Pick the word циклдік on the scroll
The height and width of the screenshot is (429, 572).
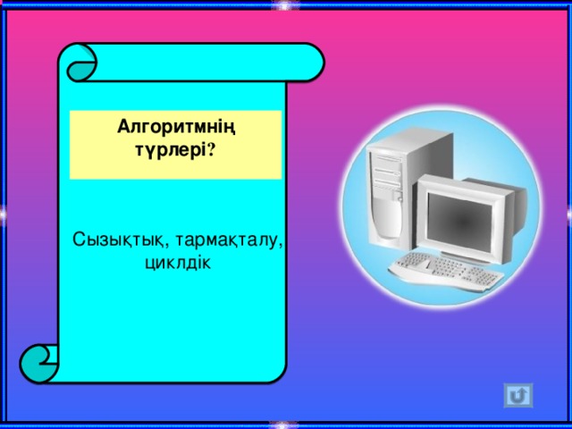click(176, 264)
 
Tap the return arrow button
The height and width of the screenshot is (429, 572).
click(518, 394)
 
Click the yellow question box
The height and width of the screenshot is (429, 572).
click(176, 145)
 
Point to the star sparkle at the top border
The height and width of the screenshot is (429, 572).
click(284, 6)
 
